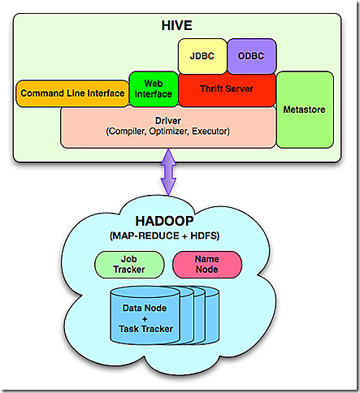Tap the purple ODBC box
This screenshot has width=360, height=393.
(x=251, y=56)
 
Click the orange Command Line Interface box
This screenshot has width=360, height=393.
(x=72, y=93)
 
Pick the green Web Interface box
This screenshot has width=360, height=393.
(x=153, y=89)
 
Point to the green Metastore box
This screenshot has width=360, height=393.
(x=306, y=108)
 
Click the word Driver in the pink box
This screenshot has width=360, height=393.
(x=168, y=120)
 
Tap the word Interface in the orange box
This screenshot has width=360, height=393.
(x=103, y=93)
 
